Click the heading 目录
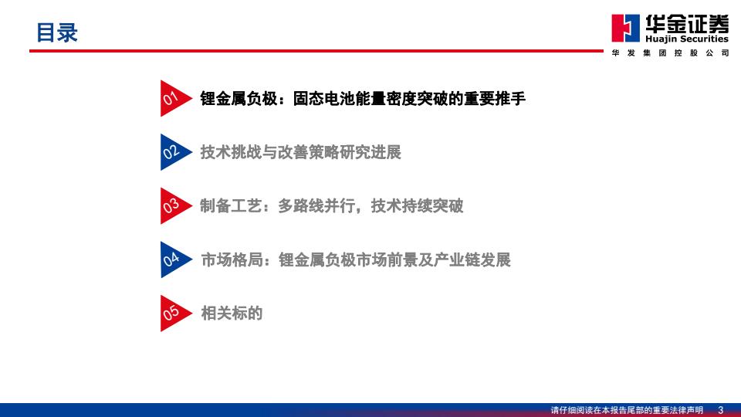pos(56,32)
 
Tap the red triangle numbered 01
pos(174,98)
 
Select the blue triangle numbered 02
pos(174,152)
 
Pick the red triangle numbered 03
pos(174,205)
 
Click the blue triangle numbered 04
pos(174,259)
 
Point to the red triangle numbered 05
pos(174,313)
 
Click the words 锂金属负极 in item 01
pos(239,98)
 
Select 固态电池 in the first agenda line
pos(323,98)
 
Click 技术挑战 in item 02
pos(231,152)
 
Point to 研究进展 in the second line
pos(370,152)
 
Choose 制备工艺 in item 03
pos(231,206)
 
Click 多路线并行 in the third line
pos(316,206)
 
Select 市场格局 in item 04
pos(232,260)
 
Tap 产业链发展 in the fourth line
pos(472,260)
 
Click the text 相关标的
pos(232,313)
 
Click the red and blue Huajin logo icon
pos(626,29)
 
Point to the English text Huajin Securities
pos(687,39)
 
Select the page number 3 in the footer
pos(721,410)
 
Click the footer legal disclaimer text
pos(627,410)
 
